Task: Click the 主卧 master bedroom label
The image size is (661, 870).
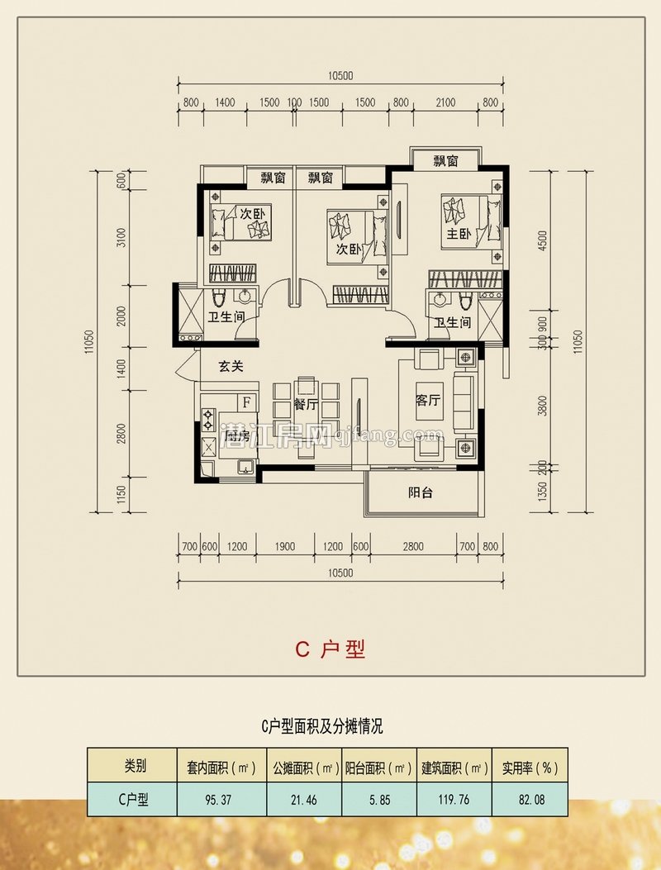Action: point(459,235)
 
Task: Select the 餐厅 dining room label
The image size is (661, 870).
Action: point(306,405)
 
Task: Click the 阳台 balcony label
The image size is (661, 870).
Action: point(421,493)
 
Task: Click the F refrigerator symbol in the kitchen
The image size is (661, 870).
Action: point(245,402)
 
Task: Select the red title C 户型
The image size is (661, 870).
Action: point(330,649)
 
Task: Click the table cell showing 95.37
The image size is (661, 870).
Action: point(221,799)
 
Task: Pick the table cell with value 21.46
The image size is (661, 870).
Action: point(303,799)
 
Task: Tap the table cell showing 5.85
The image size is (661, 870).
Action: point(378,799)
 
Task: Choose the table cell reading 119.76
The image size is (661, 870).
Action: point(454,799)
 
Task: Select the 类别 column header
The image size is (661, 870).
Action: point(133,766)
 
